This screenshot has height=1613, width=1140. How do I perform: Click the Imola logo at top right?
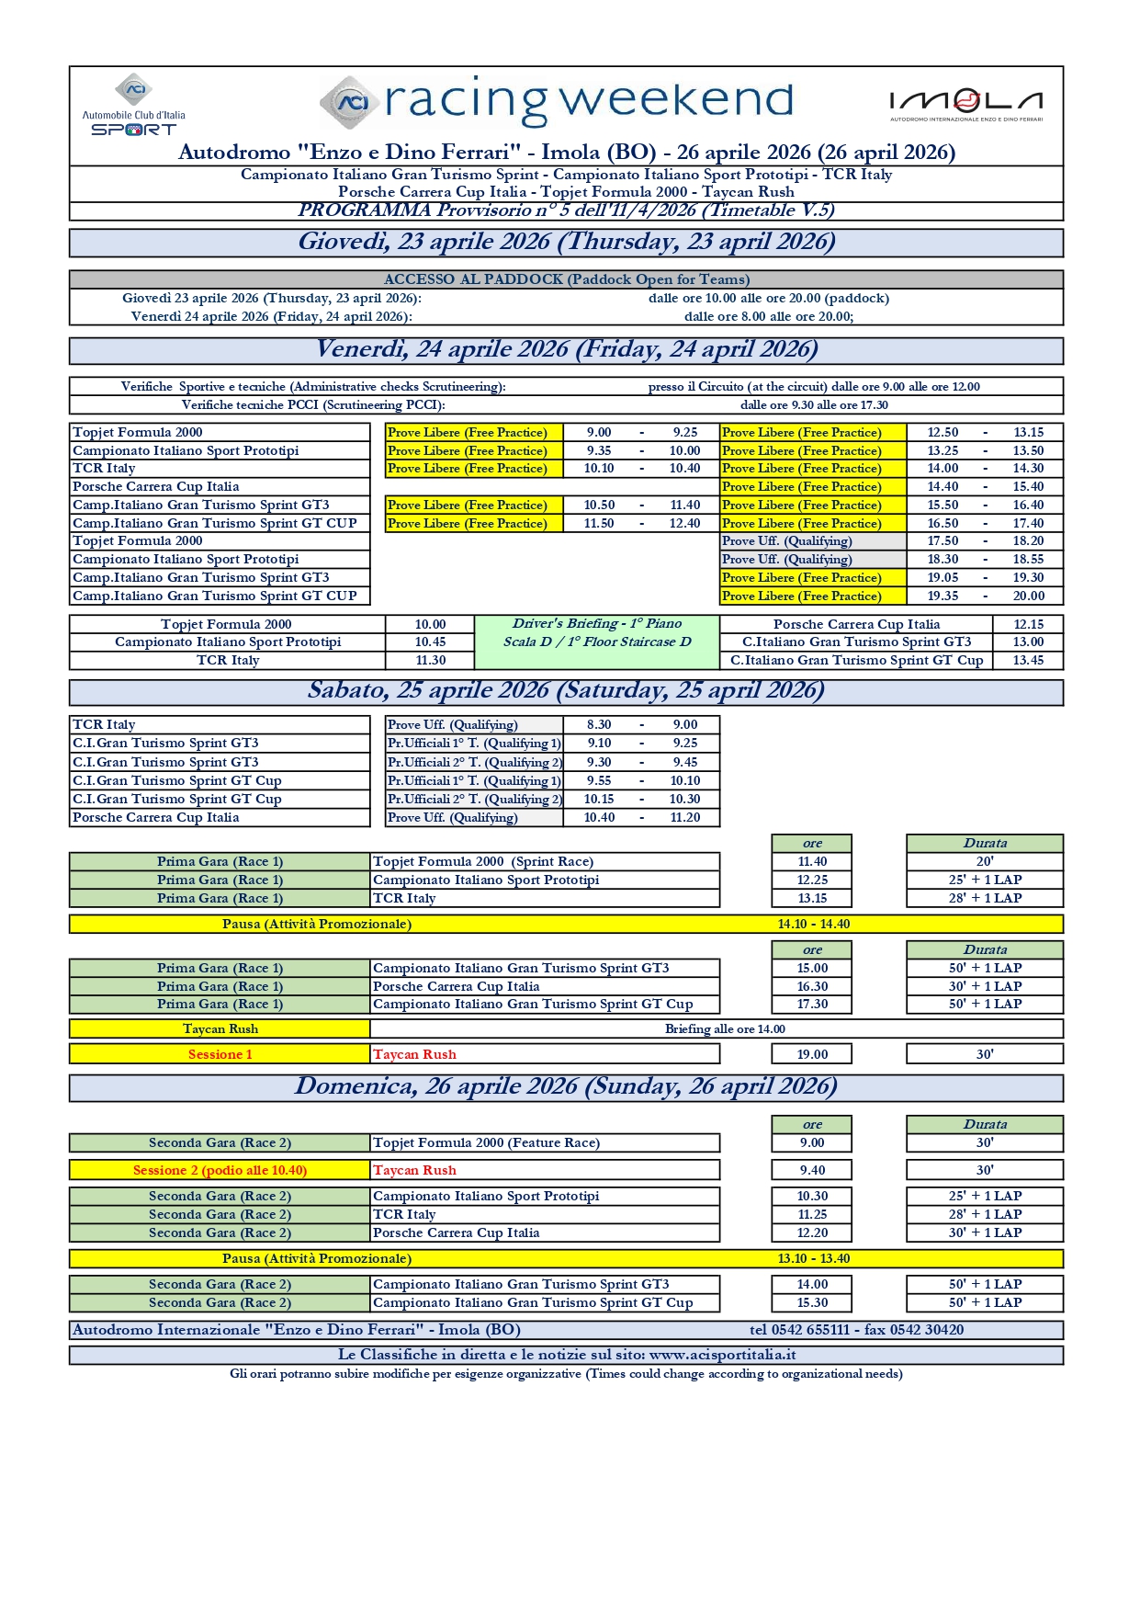click(x=965, y=104)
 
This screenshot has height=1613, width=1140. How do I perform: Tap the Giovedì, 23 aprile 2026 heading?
click(x=566, y=243)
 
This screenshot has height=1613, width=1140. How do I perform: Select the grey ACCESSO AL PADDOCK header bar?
click(x=566, y=279)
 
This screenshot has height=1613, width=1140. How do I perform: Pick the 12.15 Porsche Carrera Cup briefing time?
click(x=1028, y=624)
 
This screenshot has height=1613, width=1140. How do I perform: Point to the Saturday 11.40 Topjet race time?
click(x=812, y=862)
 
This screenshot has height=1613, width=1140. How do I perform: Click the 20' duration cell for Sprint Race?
click(x=985, y=862)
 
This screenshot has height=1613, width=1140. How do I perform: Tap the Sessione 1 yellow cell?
click(x=220, y=1054)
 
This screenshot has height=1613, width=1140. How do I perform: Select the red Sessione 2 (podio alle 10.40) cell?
click(x=220, y=1170)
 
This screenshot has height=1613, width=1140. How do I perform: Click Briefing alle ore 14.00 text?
click(x=725, y=1029)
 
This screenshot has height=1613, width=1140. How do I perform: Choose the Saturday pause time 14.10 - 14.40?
click(x=814, y=925)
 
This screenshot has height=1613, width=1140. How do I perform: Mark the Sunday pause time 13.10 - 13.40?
click(x=814, y=1259)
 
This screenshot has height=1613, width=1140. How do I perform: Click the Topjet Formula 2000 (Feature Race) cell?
click(x=486, y=1143)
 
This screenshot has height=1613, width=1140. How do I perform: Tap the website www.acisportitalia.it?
click(x=722, y=1355)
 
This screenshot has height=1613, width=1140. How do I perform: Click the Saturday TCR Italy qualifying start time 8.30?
click(x=599, y=725)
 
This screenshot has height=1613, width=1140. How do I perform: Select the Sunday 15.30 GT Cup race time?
click(x=812, y=1303)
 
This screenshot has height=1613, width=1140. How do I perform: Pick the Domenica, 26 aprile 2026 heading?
click(x=566, y=1087)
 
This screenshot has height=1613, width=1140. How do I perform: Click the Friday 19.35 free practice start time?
click(x=942, y=596)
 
